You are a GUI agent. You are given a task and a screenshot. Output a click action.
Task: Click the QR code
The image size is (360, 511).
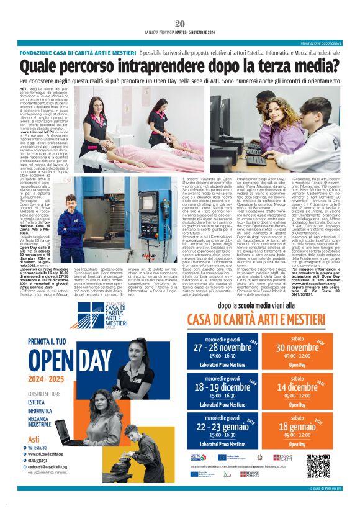point(318,466)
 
